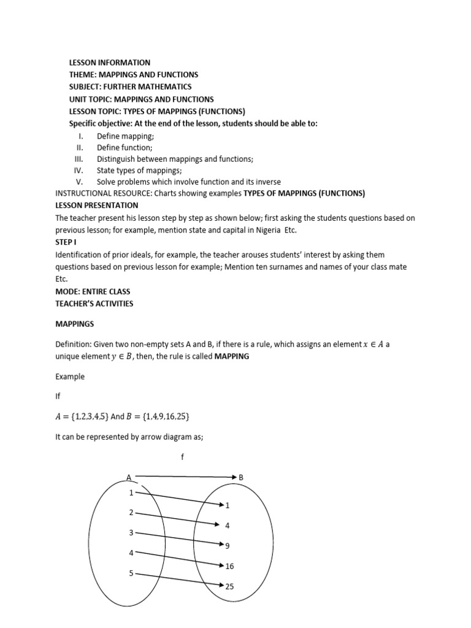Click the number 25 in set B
click(230, 586)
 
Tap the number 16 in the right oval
click(230, 566)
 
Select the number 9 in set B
click(228, 546)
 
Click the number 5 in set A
click(131, 573)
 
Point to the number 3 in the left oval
click(131, 532)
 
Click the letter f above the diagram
click(183, 456)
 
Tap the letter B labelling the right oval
click(241, 477)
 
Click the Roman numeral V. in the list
click(79, 182)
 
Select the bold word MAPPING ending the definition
click(231, 356)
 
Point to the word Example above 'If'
click(70, 377)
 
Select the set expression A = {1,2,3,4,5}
click(82, 417)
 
